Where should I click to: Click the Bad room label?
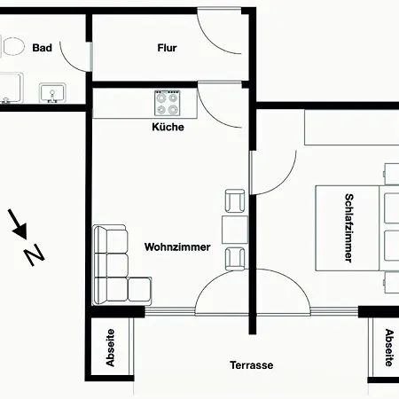coord(43,48)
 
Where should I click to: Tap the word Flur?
coord(167,48)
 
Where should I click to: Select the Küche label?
coord(168,127)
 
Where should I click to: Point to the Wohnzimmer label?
coord(177,246)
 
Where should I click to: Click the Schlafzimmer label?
coord(348,228)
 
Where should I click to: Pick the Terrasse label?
coord(252,365)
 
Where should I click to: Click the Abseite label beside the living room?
coord(110,348)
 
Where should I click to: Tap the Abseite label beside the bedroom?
coord(389,348)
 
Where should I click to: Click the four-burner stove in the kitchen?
coord(167,103)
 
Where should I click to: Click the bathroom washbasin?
coord(52,93)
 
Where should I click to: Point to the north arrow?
coord(18,223)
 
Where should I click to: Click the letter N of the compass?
coord(34,254)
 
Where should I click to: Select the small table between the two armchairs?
coord(235,230)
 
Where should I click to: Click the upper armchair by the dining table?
coord(235,200)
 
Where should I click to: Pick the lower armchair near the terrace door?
coord(235,259)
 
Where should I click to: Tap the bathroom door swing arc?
coord(68,63)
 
